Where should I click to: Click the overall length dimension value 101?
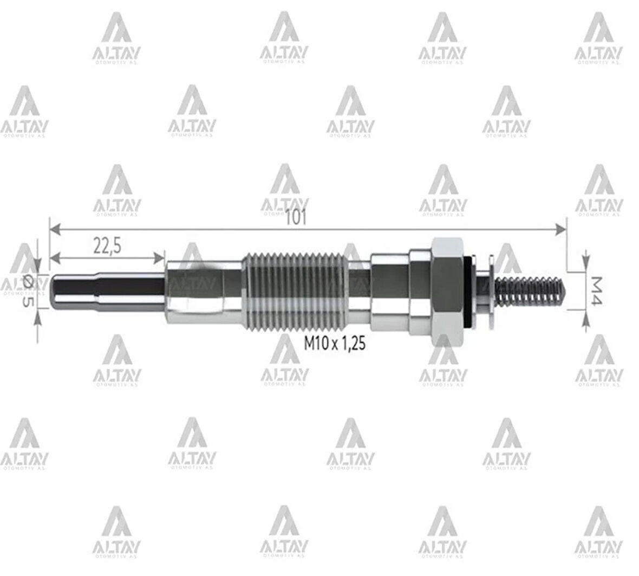(x=297, y=218)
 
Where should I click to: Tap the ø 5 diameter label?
(x=25, y=292)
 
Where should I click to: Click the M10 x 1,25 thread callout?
(x=334, y=343)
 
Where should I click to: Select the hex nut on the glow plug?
(x=446, y=291)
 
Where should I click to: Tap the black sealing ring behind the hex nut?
(x=468, y=292)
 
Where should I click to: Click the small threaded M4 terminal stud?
(x=533, y=291)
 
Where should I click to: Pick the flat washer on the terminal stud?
(x=490, y=291)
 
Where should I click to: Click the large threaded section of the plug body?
(x=295, y=291)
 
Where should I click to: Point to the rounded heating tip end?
(x=56, y=291)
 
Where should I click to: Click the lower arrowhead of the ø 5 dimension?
(x=37, y=315)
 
